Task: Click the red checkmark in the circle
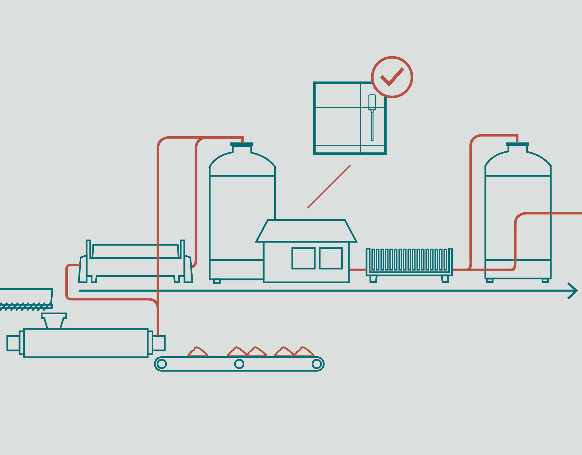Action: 392,77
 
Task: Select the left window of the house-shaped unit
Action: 303,258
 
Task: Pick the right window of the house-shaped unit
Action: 331,258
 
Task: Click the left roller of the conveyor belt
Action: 162,364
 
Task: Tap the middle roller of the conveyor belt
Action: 239,364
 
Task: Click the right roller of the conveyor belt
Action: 316,364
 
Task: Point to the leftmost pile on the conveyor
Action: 198,352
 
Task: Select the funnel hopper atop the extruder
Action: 54,321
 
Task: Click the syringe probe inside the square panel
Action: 372,117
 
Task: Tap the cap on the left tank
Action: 242,144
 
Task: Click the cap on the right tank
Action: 517,144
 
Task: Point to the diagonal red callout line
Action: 329,187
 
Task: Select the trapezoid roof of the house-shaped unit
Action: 306,231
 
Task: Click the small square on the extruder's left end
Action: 13,343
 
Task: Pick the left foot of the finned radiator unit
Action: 373,279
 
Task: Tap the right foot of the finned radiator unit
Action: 445,279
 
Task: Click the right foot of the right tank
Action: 545,281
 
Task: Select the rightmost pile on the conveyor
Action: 304,352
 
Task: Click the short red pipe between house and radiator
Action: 358,270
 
